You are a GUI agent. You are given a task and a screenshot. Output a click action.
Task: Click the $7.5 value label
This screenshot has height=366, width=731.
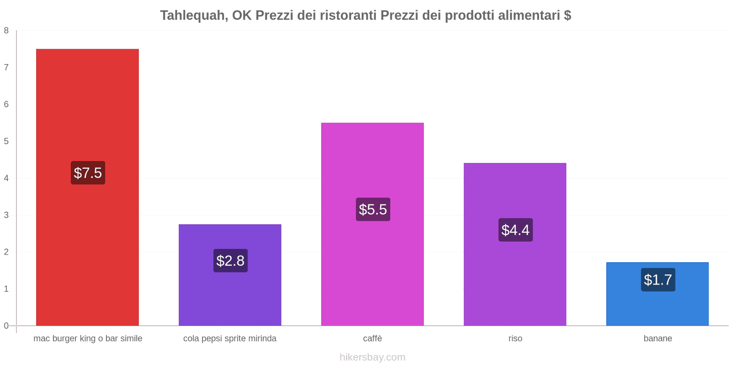[x=88, y=173]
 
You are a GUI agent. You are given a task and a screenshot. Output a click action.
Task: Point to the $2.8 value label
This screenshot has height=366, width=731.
[x=230, y=261]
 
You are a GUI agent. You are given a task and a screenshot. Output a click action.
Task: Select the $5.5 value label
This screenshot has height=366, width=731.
[x=373, y=210]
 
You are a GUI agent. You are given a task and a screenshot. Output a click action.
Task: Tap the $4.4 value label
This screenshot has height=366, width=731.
[x=515, y=230]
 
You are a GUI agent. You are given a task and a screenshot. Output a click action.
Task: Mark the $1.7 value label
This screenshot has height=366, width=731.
[x=658, y=280]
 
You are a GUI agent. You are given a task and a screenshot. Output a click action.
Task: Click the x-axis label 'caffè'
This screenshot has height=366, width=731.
[x=372, y=339]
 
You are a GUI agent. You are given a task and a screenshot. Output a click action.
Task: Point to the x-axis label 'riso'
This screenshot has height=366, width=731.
[x=515, y=339]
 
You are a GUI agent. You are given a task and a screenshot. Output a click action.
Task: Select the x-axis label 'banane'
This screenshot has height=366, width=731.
[x=657, y=339]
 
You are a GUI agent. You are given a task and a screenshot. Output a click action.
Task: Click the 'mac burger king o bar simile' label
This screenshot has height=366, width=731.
[x=88, y=339]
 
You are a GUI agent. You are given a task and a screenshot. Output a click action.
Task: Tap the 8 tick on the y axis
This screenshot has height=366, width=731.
[x=6, y=31]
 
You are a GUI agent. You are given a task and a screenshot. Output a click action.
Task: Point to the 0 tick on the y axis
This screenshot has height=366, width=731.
[x=6, y=326]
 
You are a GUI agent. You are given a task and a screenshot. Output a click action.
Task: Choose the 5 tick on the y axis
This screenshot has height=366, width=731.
[x=6, y=141]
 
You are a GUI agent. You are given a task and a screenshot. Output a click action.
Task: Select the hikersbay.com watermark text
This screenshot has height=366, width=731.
[x=372, y=357]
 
